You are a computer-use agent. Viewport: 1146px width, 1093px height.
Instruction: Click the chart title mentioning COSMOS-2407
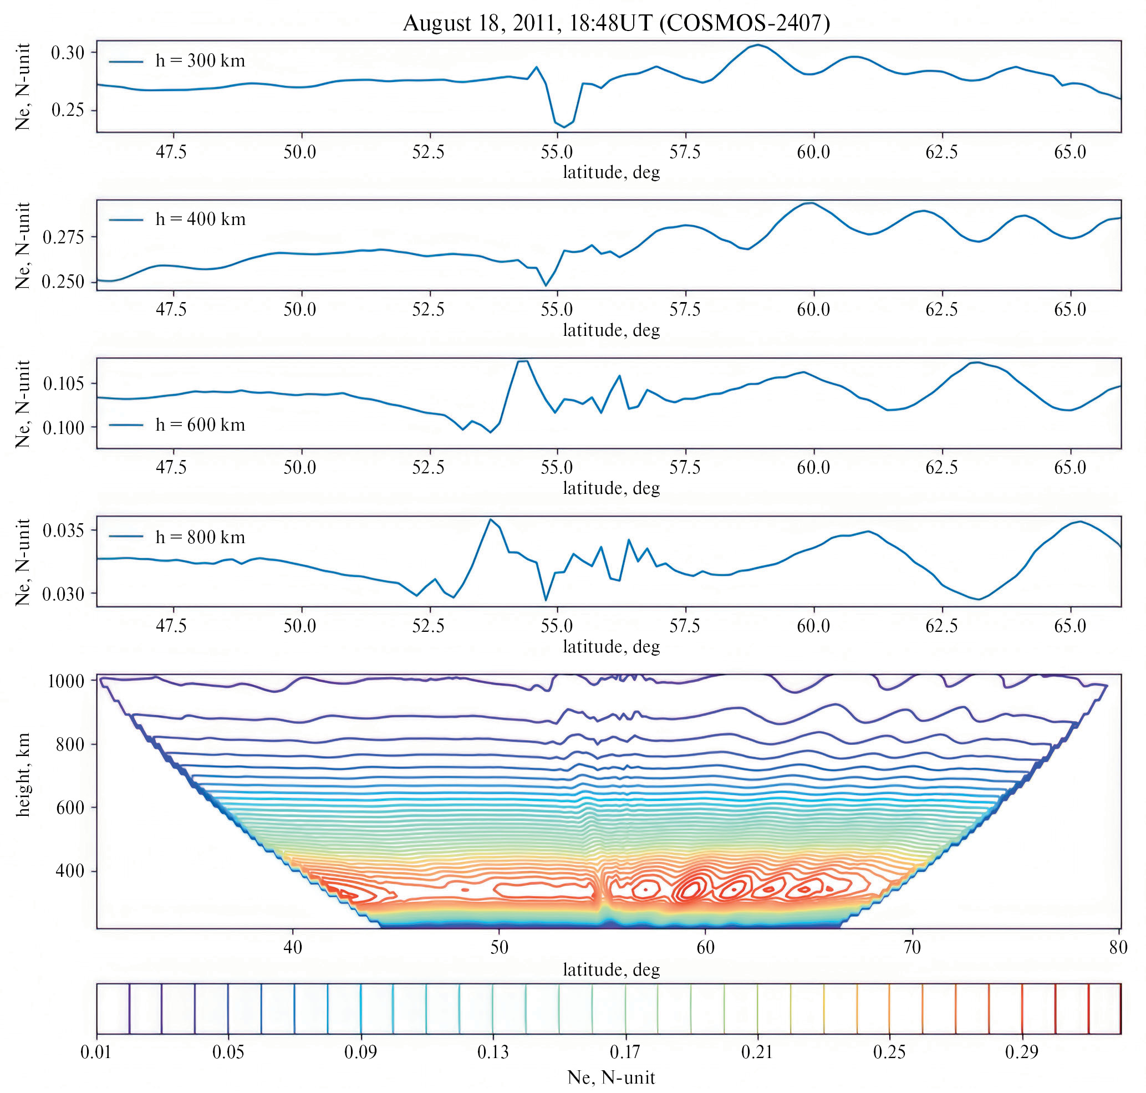click(616, 23)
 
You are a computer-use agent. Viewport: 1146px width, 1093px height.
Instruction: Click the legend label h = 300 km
click(200, 60)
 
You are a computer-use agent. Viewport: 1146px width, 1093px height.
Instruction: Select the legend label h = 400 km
click(200, 219)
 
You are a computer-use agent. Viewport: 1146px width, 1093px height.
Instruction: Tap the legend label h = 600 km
click(200, 425)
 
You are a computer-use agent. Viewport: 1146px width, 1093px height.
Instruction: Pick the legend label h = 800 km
click(200, 537)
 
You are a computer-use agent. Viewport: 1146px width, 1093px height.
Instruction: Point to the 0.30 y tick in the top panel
click(68, 53)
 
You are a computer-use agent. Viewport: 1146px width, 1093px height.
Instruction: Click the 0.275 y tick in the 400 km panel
click(63, 237)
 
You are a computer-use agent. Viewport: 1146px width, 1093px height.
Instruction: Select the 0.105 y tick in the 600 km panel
click(63, 384)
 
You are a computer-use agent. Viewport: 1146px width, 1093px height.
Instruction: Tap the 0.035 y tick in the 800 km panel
click(63, 531)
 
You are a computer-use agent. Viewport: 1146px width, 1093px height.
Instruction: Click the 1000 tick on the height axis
click(65, 681)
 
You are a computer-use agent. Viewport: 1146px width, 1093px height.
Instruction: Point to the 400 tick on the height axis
click(70, 871)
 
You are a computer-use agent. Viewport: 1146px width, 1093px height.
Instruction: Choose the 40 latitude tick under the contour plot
click(293, 947)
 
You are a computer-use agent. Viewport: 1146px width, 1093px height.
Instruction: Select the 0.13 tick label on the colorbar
click(492, 1051)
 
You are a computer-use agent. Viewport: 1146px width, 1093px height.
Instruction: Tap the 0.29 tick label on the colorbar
click(1021, 1051)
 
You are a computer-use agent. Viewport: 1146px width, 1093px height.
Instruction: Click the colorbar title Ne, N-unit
click(611, 1077)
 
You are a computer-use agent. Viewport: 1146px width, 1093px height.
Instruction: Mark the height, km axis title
click(23, 775)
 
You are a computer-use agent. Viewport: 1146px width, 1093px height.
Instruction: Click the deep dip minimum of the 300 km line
click(564, 127)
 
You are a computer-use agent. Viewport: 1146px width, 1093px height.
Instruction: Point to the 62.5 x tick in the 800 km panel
click(941, 626)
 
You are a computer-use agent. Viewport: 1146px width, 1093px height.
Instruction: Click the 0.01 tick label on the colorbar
click(96, 1051)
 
